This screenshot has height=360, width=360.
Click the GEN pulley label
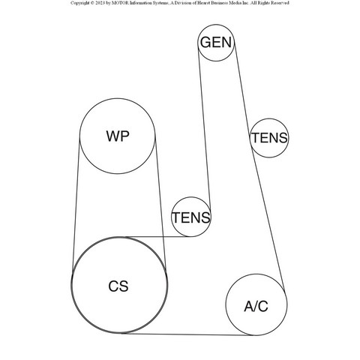[x=216, y=42]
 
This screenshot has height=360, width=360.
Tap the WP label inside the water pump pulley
[x=118, y=136]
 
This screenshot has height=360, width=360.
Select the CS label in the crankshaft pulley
[x=118, y=286]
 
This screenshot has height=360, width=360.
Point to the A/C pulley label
[x=256, y=306]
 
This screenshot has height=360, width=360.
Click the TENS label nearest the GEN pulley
[x=269, y=138]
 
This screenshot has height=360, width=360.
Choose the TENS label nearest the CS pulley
[x=191, y=217]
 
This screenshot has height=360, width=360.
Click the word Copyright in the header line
[x=79, y=3]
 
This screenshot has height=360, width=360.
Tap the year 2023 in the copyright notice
[x=100, y=3]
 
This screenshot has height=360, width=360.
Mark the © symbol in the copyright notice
[x=92, y=3]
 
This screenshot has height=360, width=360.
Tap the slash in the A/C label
[x=256, y=306]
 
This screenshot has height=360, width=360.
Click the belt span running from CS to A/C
[x=189, y=334]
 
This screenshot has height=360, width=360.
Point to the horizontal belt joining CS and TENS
[x=158, y=236]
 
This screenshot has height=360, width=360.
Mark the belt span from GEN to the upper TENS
[x=242, y=92]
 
